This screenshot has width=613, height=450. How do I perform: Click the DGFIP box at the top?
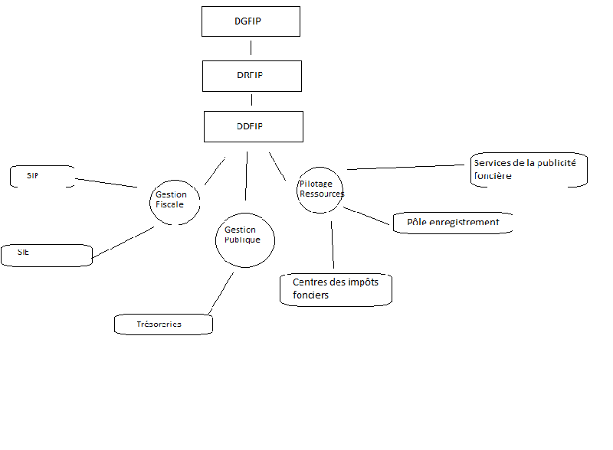[x=250, y=21]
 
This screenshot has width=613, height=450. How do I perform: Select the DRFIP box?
[x=251, y=76]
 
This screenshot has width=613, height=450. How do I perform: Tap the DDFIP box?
[x=253, y=126]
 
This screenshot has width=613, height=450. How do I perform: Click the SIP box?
[x=43, y=176]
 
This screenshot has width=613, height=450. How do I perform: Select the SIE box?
[x=46, y=255]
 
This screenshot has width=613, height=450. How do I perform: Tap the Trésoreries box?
[x=163, y=324]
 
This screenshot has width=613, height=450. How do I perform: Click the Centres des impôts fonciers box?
[x=336, y=289]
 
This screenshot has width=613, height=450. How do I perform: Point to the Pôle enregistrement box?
[x=452, y=223]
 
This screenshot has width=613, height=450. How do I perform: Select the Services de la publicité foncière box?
[x=529, y=169]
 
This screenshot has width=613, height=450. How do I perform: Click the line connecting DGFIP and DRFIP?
[x=251, y=48]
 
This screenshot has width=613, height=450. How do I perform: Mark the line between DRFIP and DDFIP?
[x=252, y=100]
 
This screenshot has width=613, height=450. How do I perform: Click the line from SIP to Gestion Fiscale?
[x=106, y=182]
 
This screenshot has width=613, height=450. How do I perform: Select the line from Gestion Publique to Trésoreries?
[x=220, y=293]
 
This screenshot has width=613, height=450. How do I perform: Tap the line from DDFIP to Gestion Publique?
[x=246, y=176]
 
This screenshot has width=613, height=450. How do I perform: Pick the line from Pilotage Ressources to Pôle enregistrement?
[x=367, y=216]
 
